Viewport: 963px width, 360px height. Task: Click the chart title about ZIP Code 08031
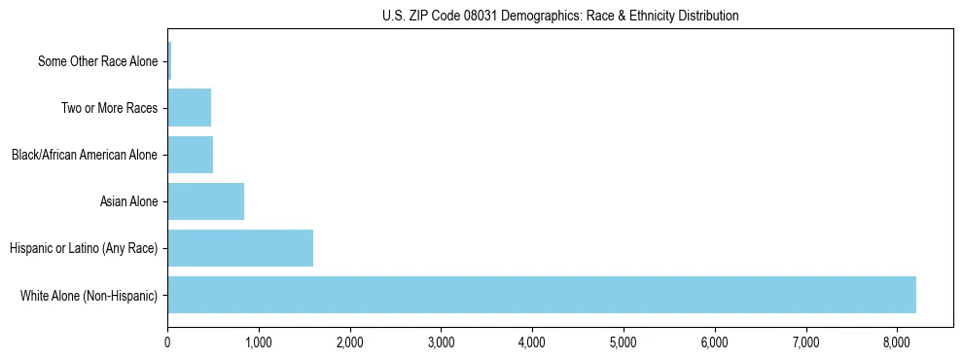click(559, 16)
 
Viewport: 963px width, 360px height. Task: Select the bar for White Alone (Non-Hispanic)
click(542, 295)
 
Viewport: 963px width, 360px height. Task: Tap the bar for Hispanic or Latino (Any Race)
click(240, 248)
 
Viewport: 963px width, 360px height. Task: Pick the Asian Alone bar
click(205, 201)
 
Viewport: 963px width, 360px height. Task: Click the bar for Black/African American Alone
click(190, 155)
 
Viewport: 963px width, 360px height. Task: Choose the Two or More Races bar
click(189, 108)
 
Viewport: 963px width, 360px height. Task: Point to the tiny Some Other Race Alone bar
click(169, 61)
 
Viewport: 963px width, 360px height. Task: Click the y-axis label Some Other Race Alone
click(97, 61)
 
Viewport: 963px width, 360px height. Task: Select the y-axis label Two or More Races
click(109, 108)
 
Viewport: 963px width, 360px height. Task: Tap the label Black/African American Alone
click(85, 155)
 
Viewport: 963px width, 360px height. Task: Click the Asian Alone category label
click(128, 201)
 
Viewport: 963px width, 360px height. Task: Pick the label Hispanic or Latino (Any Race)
click(84, 248)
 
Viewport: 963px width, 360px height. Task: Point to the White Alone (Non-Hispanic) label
click(89, 295)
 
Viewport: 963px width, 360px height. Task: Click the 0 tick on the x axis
click(167, 342)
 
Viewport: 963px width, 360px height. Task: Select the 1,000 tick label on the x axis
click(259, 342)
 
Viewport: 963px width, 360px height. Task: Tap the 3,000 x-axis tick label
click(441, 342)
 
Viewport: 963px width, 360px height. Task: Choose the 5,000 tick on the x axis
click(624, 342)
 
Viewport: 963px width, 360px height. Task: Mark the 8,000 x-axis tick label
click(897, 342)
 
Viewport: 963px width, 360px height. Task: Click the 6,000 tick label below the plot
click(715, 342)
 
